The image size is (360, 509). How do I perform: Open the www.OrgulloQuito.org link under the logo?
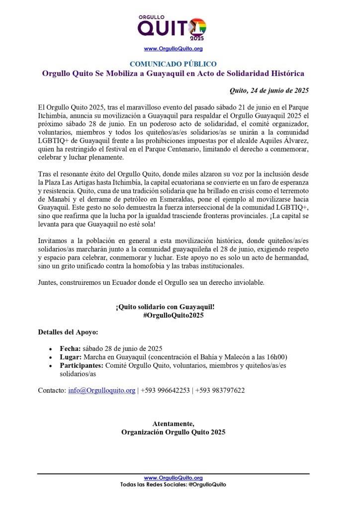[x=173, y=49]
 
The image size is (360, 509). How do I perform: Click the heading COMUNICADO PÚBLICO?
[x=173, y=64]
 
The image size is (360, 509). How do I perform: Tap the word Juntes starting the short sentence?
[x=48, y=283]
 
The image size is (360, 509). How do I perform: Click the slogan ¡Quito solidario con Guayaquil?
[x=165, y=307]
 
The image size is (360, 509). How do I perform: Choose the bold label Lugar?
[x=71, y=357]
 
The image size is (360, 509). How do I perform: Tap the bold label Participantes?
[x=82, y=365]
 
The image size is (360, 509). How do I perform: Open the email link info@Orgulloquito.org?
[x=101, y=391]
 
